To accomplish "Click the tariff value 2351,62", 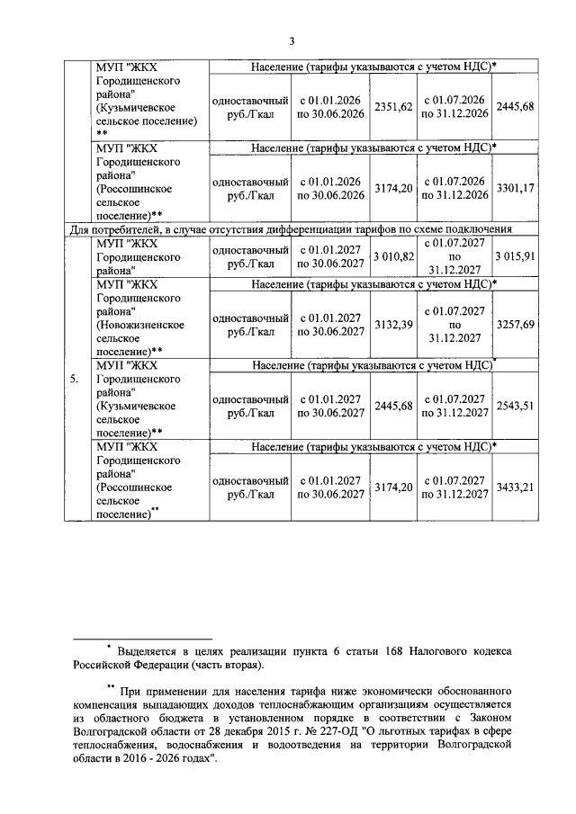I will tap(394, 106).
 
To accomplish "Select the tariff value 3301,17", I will tap(516, 187).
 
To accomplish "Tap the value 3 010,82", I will tap(394, 256).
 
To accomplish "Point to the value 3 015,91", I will tap(516, 256).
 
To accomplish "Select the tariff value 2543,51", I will tap(516, 406).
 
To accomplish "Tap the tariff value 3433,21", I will tap(516, 487).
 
